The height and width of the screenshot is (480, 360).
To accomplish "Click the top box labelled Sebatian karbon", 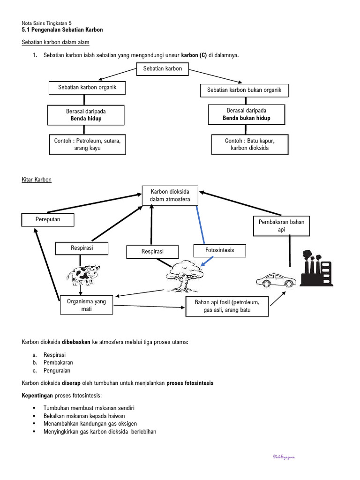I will [162, 69].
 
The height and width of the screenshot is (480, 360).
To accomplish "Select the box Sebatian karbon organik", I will [87, 88].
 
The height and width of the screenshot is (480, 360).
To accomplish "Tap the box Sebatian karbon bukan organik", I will [244, 90].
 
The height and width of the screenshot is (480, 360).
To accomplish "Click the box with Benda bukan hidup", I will [247, 114].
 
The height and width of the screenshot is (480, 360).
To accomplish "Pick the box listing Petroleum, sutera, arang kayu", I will [87, 144].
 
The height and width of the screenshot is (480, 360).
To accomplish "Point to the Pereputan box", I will [48, 219].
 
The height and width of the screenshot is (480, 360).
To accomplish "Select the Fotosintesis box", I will [219, 251].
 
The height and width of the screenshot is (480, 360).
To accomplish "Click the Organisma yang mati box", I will [86, 305].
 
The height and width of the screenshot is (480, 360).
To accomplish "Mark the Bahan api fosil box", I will [227, 306].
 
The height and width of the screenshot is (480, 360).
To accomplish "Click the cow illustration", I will [83, 275].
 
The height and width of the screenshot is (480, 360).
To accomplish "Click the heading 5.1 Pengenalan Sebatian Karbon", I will [62, 30].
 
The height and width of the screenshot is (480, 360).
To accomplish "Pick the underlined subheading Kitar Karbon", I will [37, 180].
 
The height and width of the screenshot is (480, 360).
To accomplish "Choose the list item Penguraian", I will [58, 370].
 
